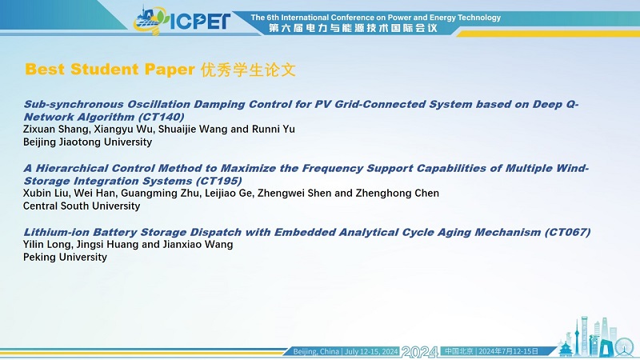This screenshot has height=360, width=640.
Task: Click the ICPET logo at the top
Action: (182, 20)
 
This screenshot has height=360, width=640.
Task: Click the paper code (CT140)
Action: (162, 117)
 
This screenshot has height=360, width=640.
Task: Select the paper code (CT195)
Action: (218, 181)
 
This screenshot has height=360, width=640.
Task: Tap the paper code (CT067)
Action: (567, 232)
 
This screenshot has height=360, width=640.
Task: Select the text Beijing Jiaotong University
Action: (87, 142)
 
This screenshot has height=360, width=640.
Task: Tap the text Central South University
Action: (82, 206)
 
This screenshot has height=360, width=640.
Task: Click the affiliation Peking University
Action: (65, 257)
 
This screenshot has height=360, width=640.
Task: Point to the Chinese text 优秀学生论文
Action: (248, 70)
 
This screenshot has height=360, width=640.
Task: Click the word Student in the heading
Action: (105, 69)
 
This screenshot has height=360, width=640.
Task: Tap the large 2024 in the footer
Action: (420, 351)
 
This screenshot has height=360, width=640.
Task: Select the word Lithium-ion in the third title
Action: (56, 232)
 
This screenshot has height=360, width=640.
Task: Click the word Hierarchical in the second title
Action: (72, 168)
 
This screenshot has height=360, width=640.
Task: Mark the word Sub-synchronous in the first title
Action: (74, 105)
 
